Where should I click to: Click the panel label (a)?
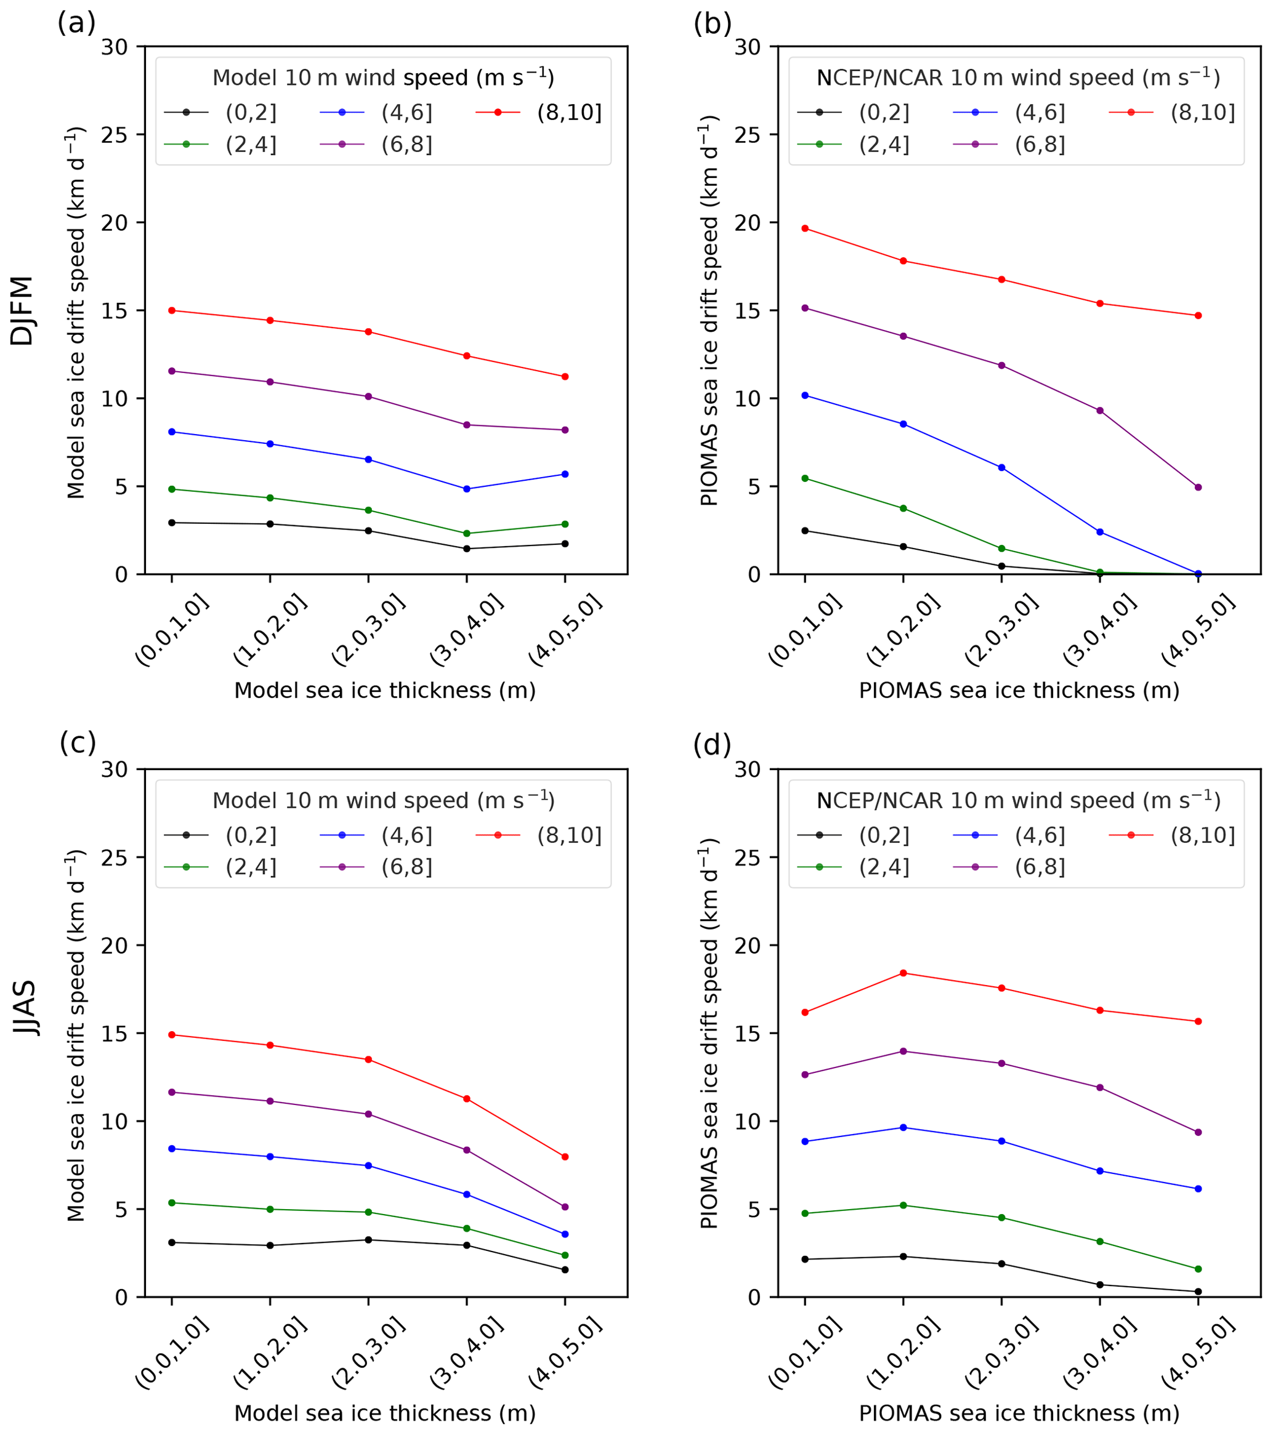tap(76, 24)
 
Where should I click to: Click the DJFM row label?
tap(22, 310)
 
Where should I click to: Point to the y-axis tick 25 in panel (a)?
tap(115, 135)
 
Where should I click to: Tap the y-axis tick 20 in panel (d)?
tap(748, 945)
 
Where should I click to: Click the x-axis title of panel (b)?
tap(1019, 691)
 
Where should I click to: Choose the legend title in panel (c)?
tap(383, 800)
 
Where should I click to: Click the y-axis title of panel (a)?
tap(76, 312)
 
